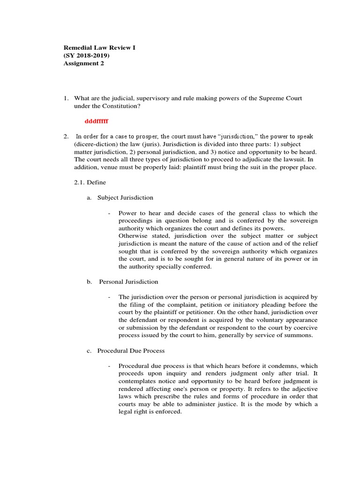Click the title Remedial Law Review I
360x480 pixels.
[x=99, y=48]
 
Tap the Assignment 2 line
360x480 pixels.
[x=84, y=63]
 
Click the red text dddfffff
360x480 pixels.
[x=97, y=121]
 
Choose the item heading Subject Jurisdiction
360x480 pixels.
[x=125, y=197]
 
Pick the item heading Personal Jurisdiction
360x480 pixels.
[x=128, y=282]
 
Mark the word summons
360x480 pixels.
[x=300, y=336]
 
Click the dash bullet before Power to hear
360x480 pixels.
[x=109, y=213]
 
